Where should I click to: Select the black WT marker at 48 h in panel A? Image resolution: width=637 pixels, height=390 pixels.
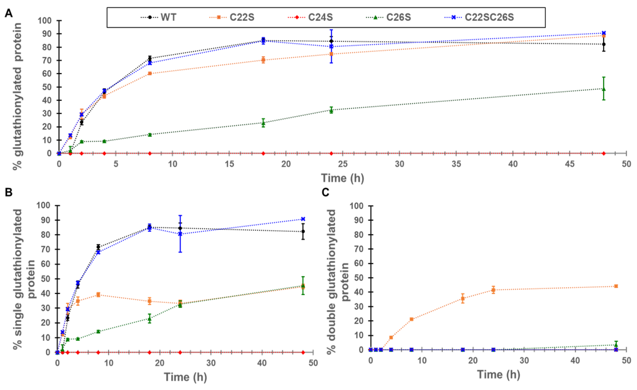[604, 44]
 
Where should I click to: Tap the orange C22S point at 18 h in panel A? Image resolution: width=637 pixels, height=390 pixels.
[263, 60]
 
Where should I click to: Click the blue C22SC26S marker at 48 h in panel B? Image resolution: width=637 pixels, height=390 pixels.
[303, 219]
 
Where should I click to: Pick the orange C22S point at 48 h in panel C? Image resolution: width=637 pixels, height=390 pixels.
[616, 286]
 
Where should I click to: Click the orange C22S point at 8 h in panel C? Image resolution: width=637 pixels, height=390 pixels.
[412, 319]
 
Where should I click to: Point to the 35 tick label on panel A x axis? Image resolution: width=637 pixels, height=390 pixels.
[456, 164]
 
